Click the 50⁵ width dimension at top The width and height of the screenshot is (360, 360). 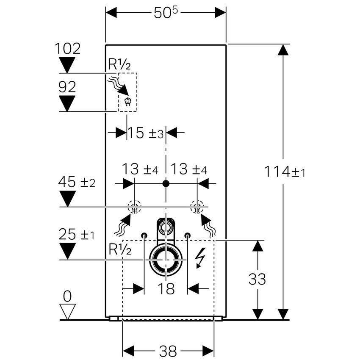tap(166, 13)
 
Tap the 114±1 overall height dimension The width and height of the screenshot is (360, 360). tap(285, 172)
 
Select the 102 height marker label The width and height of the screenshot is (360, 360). tap(67, 49)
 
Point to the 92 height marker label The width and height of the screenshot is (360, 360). tap(67, 87)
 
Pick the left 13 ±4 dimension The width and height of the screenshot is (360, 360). tap(140, 170)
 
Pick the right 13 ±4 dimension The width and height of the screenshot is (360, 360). tap(189, 170)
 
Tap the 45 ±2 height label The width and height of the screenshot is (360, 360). tap(77, 183)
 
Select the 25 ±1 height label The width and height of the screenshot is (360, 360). tap(77, 235)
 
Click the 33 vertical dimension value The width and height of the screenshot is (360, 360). tap(257, 280)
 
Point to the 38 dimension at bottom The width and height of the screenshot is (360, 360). tap(168, 351)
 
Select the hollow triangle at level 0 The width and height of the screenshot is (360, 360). tap(67, 311)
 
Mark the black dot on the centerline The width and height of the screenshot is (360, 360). tap(166, 183)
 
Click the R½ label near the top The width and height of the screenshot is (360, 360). tap(119, 64)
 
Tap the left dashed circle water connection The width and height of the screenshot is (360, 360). tap(134, 208)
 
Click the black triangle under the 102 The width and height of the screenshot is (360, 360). tap(67, 64)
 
